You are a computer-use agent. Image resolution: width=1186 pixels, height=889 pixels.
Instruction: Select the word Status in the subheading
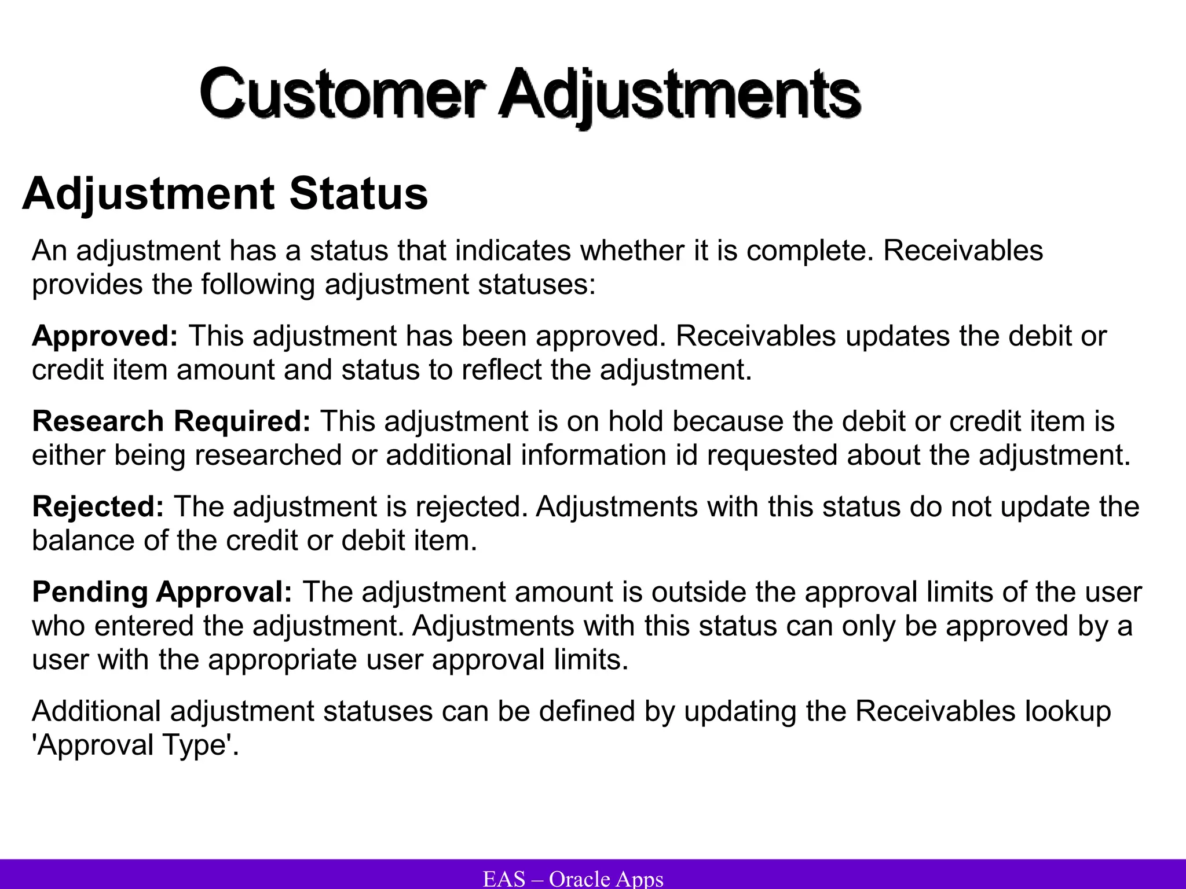coord(358,194)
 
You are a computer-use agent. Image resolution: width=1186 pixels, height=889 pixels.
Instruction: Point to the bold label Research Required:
coord(171,421)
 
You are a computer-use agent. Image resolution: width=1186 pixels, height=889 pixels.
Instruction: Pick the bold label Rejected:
coord(98,506)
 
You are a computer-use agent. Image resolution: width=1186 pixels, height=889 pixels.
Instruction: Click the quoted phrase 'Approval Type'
coord(135,745)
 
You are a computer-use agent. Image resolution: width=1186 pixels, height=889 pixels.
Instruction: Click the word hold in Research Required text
coord(635,421)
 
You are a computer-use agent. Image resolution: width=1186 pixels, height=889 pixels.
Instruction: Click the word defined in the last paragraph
coord(587,711)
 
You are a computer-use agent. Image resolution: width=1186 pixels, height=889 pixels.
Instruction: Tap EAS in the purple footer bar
coord(504,879)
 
